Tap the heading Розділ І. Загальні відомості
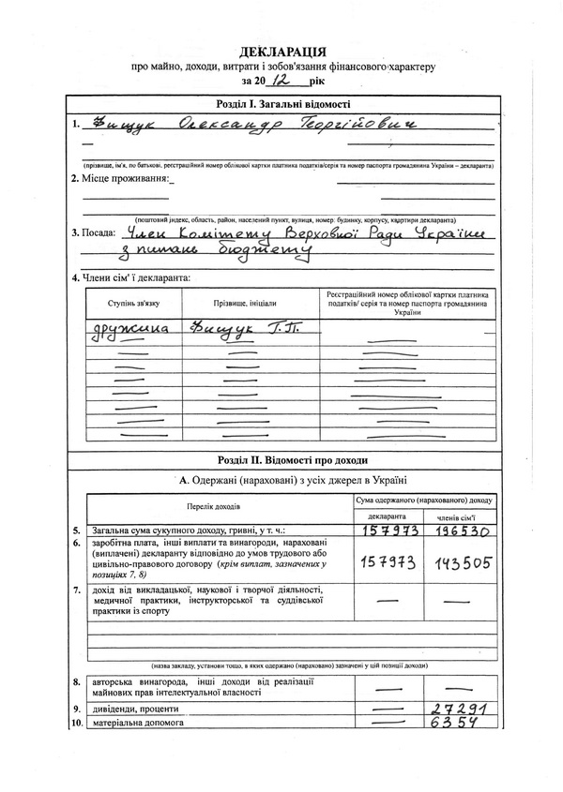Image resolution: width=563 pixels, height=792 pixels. click(x=282, y=105)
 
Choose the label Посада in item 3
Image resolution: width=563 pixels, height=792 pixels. click(x=98, y=232)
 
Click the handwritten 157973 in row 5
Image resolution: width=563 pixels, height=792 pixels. click(x=388, y=531)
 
